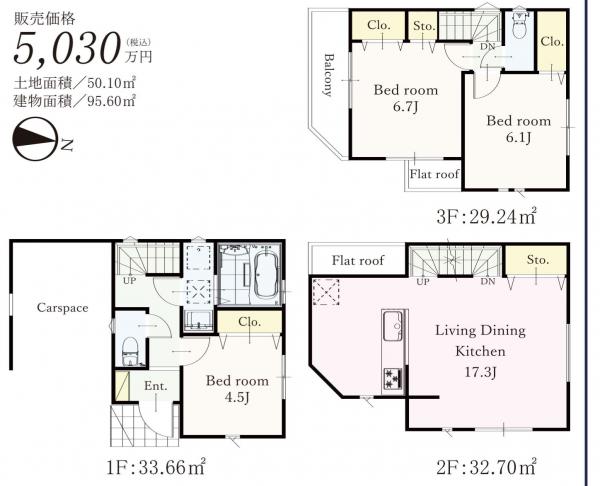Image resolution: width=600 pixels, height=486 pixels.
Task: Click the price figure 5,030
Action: click(66, 48)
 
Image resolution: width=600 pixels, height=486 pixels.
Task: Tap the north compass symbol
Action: click(35, 139)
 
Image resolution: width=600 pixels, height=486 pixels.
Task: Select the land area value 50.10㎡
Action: click(112, 82)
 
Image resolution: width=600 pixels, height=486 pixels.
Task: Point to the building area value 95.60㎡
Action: click(112, 101)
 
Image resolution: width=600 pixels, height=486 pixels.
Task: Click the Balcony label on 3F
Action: click(328, 75)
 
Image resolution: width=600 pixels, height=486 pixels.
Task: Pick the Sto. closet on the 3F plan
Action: click(424, 26)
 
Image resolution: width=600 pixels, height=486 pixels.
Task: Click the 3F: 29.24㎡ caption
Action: click(486, 217)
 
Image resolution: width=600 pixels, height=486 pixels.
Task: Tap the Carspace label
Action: click(62, 308)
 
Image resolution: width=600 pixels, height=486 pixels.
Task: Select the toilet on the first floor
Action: click(129, 351)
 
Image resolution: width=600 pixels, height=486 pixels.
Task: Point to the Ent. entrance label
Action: click(156, 386)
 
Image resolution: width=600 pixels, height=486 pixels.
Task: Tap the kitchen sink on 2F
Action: click(393, 326)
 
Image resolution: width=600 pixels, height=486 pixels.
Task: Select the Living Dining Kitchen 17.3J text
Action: click(480, 351)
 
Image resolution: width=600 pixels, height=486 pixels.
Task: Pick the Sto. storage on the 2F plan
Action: click(537, 259)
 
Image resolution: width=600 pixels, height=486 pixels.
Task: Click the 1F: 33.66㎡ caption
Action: click(156, 467)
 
